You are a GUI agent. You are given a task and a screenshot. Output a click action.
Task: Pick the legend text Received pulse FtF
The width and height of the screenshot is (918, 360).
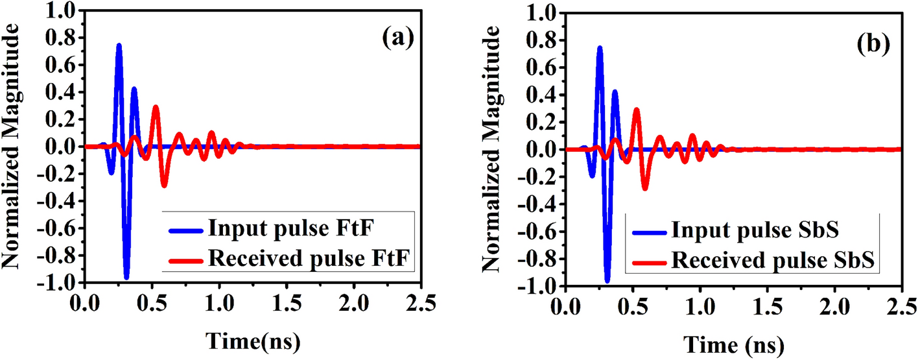[x=311, y=259]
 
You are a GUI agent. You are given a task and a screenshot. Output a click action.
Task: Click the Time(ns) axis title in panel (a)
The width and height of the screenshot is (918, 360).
[x=253, y=341]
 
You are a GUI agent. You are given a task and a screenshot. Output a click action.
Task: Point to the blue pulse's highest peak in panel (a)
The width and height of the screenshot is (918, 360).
[x=119, y=45]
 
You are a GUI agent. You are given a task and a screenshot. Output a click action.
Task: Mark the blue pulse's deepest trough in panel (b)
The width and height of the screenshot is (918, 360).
[x=607, y=281]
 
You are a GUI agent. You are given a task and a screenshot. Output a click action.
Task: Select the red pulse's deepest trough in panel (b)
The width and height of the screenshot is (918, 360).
[x=645, y=189]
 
